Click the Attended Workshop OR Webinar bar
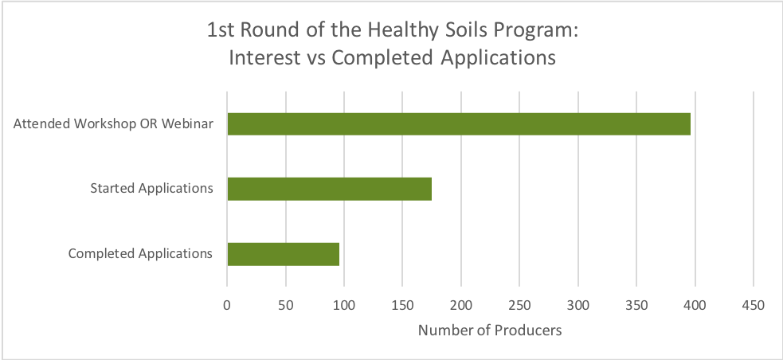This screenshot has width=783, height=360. click(x=459, y=124)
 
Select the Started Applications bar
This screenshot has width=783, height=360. click(x=329, y=189)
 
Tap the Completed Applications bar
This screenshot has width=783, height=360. click(x=283, y=254)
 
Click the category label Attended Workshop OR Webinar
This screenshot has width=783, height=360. click(x=113, y=124)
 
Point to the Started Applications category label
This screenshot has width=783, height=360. click(x=151, y=189)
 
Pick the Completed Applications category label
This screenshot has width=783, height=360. click(x=140, y=254)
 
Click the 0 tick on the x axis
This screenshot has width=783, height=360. click(x=227, y=304)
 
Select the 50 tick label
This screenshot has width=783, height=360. click(x=286, y=304)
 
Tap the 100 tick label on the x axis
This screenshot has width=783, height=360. click(x=344, y=304)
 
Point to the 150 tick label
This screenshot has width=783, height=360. click(x=403, y=304)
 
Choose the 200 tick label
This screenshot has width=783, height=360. click(x=461, y=304)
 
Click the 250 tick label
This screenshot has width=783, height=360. click(x=519, y=304)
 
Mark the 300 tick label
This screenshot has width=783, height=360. click(x=578, y=304)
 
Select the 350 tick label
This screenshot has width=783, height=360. click(x=636, y=304)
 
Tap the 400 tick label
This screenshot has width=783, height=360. click(x=695, y=304)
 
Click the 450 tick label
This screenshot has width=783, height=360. click(x=754, y=304)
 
